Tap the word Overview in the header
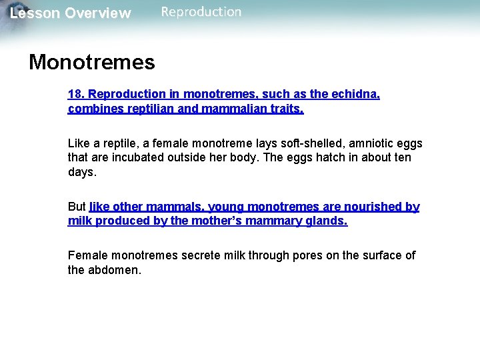[98, 13]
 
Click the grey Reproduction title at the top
[201, 11]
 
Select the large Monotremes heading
[92, 62]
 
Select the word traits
[288, 109]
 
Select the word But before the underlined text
[77, 207]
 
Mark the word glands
[326, 221]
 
